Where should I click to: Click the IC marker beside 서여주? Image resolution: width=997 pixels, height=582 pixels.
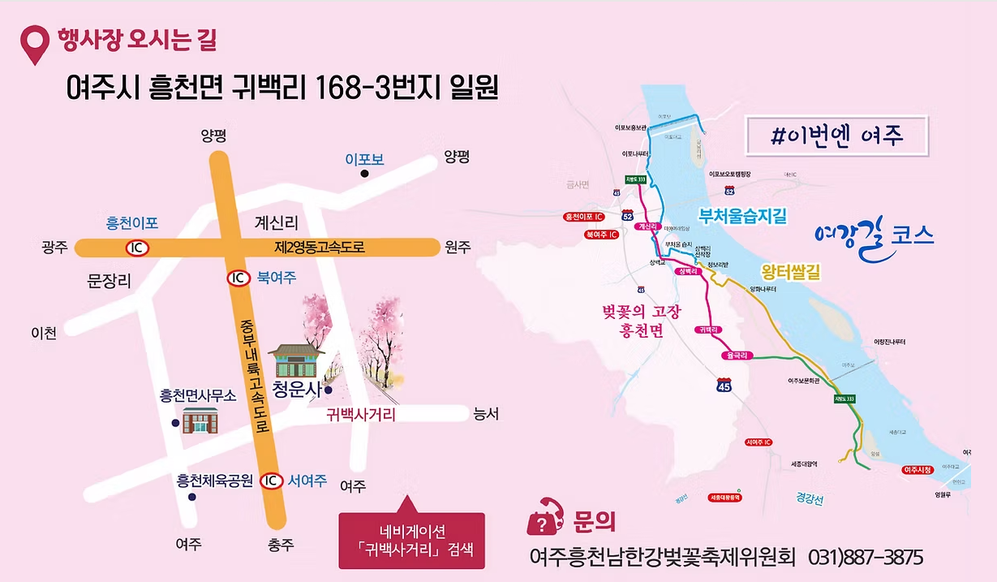[x=272, y=481]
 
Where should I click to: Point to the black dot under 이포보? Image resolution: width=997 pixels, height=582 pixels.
[x=365, y=173]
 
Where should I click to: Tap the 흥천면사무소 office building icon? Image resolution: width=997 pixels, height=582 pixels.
[x=199, y=420]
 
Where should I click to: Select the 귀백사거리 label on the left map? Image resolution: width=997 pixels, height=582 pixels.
[x=360, y=415]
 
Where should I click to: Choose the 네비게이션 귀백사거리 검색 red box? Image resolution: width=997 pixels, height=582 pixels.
[x=411, y=541]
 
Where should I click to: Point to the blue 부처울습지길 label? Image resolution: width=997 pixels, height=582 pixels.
[x=743, y=216]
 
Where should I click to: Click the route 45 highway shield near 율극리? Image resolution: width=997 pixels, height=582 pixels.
[x=725, y=386]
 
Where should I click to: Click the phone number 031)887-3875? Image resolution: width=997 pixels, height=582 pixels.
[x=866, y=558]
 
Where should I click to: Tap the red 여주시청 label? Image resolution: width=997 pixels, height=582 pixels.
[x=918, y=470]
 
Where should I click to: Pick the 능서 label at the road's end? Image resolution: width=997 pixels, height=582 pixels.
[x=485, y=415]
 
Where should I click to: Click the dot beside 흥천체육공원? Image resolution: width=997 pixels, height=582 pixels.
[x=192, y=497]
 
